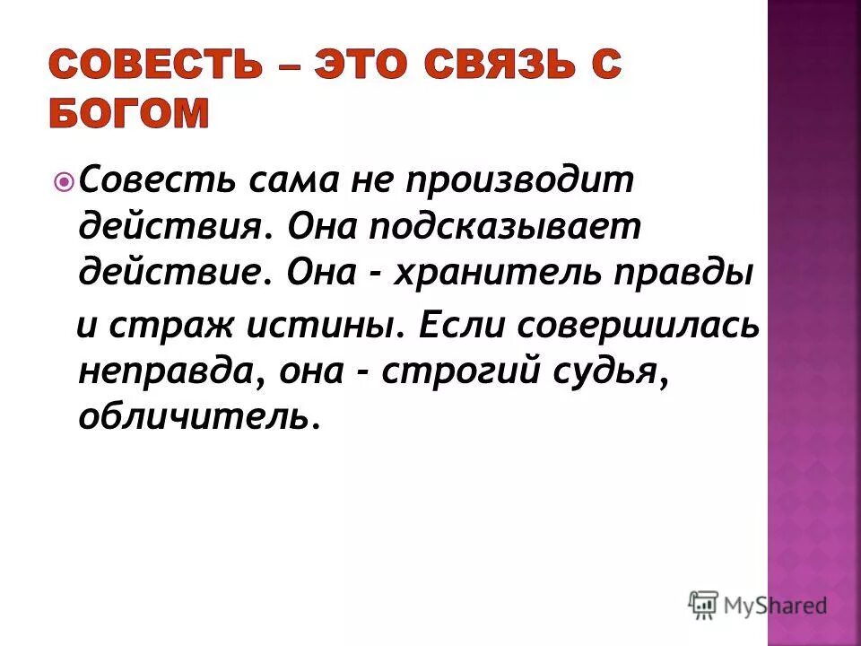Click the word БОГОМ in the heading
pyautogui.click(x=129, y=114)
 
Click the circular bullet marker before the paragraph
pyautogui.click(x=65, y=184)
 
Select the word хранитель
pyautogui.click(x=506, y=270)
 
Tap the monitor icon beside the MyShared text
pyautogui.click(x=705, y=606)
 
